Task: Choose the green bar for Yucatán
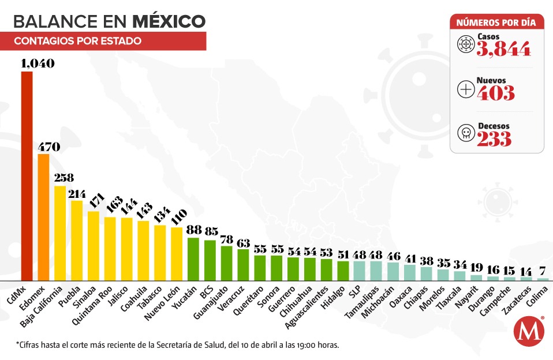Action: click(193, 258)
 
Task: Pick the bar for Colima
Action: click(543, 279)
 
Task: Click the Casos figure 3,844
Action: click(503, 50)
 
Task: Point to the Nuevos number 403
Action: click(496, 92)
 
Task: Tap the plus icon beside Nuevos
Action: click(465, 89)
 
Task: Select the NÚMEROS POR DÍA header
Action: click(496, 23)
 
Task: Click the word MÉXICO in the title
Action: click(169, 21)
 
